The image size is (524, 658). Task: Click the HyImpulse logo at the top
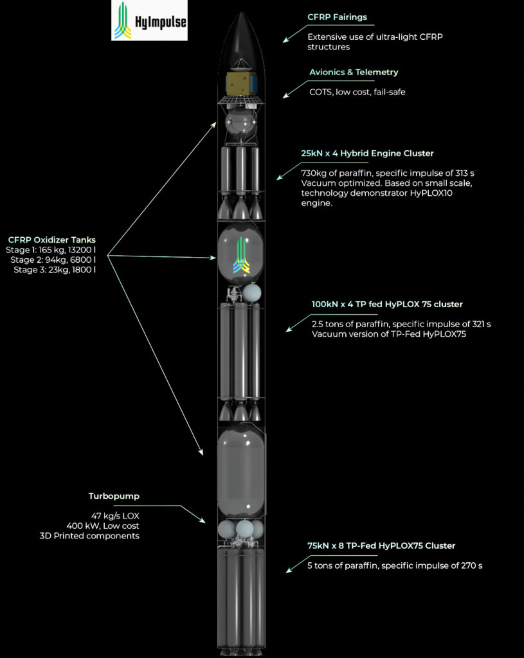tap(149, 21)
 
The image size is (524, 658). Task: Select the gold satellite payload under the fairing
tap(241, 83)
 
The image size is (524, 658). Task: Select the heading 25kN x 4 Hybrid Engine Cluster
tap(367, 154)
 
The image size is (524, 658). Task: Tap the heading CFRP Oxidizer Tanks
tap(51, 240)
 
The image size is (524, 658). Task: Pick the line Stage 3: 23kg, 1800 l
tap(55, 270)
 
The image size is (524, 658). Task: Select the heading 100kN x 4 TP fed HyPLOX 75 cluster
tap(387, 304)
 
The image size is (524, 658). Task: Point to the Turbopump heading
tap(114, 497)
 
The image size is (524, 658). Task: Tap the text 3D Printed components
tap(89, 536)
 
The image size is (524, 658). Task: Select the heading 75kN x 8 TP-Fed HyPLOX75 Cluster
tap(381, 546)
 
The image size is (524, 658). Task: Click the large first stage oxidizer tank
tap(241, 472)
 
